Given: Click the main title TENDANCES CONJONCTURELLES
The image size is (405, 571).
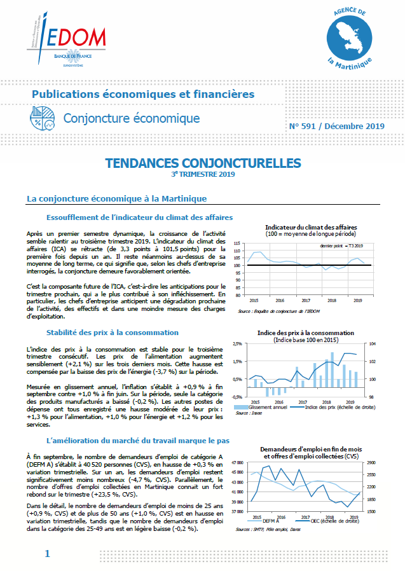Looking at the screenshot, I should click(x=203, y=163).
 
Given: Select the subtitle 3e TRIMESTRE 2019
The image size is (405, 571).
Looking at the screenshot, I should click(x=203, y=174).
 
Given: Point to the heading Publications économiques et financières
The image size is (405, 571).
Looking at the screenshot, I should click(x=143, y=94).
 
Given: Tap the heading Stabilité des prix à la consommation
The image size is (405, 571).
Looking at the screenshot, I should click(x=113, y=332).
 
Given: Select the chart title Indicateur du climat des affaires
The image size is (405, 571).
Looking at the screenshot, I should click(x=311, y=227).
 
